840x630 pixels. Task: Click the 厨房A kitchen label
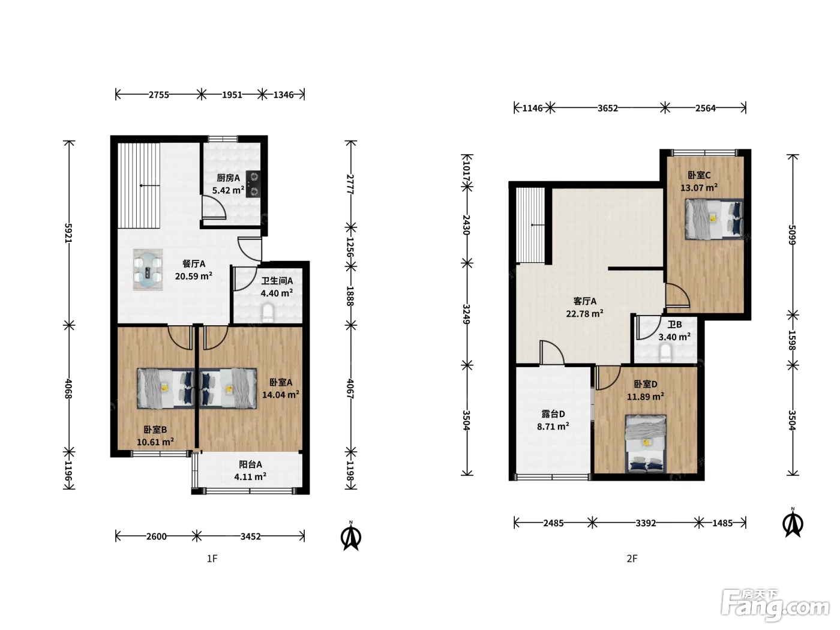tap(229, 178)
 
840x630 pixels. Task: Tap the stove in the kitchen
tap(253, 184)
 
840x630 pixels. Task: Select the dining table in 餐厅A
tap(148, 269)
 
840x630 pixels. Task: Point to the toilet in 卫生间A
tap(268, 313)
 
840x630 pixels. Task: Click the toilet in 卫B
tap(666, 353)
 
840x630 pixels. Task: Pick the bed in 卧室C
tap(714, 219)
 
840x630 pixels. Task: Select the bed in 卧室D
tap(646, 444)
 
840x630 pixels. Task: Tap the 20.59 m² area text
tap(194, 276)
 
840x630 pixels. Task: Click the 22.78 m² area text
tap(585, 314)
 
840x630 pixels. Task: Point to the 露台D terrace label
tap(553, 414)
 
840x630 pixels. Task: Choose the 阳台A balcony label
tap(250, 464)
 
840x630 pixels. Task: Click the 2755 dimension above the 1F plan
tap(159, 95)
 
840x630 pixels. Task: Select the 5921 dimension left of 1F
tap(68, 233)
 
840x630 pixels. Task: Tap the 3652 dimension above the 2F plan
tap(608, 108)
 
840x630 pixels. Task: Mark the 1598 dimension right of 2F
tap(792, 340)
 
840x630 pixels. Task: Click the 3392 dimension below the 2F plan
tap(646, 523)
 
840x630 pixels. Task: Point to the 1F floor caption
tap(212, 559)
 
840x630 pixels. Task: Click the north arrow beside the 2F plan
tap(793, 523)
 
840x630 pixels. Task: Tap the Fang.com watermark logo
tap(775, 606)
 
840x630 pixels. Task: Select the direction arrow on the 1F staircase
tap(149, 186)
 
